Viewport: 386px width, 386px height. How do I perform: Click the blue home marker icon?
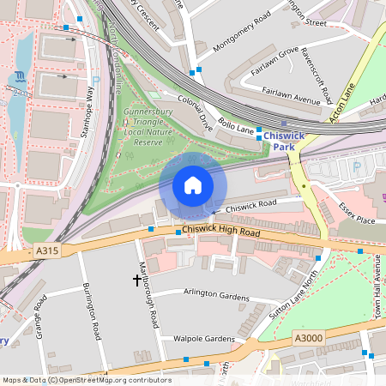pos(193,185)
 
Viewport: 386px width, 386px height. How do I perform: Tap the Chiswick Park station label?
pos(290,141)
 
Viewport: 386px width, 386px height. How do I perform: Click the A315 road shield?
pos(47,250)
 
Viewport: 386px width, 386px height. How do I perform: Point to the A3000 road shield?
pos(310,338)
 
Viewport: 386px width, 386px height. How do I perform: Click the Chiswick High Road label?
pos(220,232)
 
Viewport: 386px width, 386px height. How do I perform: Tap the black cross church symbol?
pos(136,280)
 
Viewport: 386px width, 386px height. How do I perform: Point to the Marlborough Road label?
pos(148,295)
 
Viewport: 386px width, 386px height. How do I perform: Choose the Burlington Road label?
pos(93,311)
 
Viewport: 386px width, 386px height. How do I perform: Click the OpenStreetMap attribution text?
pos(86,380)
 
